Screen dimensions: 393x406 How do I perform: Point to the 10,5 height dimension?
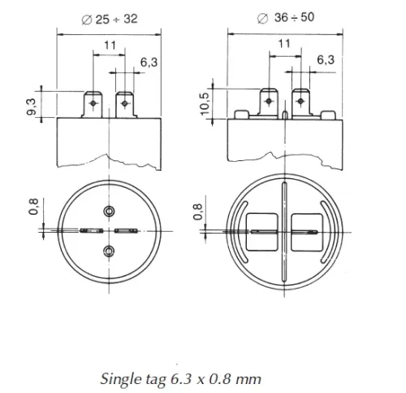coord(206,104)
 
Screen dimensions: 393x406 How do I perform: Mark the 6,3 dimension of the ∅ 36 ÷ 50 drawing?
coord(324,59)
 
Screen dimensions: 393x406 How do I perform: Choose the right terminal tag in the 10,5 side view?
coord(302,103)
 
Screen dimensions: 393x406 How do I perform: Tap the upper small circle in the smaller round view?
coord(110,212)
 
